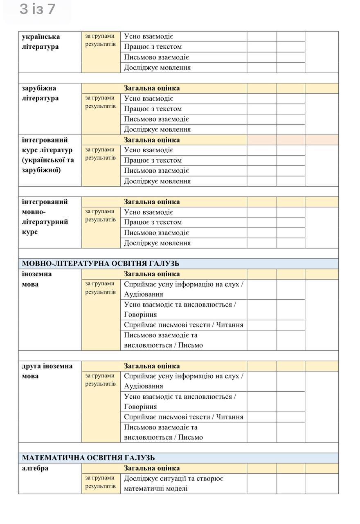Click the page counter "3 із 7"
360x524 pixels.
37,9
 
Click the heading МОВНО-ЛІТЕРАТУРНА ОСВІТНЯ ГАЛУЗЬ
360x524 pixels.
100,264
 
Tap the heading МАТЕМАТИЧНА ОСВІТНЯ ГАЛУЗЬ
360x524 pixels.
88,458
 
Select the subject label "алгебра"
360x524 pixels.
35,468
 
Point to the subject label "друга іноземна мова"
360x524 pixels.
47,371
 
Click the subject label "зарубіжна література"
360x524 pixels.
40,93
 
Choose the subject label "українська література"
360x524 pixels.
40,41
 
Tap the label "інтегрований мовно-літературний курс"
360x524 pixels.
45,217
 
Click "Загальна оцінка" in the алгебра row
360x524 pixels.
152,468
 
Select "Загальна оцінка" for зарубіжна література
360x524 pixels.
152,88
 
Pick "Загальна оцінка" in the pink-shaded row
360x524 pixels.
152,140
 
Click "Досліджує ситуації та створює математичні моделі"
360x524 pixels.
173,483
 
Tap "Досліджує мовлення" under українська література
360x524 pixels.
157,68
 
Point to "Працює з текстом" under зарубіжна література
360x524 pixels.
153,108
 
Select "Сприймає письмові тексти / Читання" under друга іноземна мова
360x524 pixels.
183,417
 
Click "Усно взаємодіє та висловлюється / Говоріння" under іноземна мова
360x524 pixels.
180,309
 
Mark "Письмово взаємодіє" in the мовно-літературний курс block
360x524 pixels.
156,233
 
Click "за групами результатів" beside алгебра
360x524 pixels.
100,482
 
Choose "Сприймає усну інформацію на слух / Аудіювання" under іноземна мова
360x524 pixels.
183,289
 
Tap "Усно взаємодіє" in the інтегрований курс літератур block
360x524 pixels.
149,150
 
